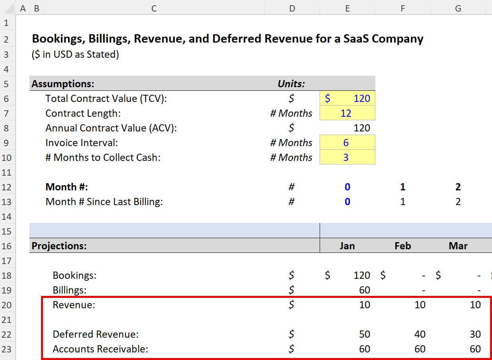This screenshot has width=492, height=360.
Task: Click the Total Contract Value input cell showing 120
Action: click(348, 98)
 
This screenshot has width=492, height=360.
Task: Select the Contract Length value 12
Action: click(346, 113)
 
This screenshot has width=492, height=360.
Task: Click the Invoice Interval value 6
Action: click(346, 143)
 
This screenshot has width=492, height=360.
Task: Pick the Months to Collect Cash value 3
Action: click(346, 157)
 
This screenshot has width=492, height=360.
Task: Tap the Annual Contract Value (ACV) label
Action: click(111, 128)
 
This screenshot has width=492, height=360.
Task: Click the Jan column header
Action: click(347, 246)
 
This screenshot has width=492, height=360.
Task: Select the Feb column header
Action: click(402, 246)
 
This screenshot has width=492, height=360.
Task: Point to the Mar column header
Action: click(458, 246)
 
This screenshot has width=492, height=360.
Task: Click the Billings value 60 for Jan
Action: click(364, 290)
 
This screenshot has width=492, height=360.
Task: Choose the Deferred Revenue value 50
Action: click(364, 334)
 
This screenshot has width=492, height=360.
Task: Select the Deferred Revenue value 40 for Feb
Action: click(420, 334)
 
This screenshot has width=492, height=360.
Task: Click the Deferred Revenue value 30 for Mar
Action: click(475, 334)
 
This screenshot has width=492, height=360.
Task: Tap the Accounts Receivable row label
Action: click(100, 349)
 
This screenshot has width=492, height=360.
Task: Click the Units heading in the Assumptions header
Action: click(291, 84)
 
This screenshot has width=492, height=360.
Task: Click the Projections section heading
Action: click(59, 246)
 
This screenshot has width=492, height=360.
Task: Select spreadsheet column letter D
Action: click(292, 8)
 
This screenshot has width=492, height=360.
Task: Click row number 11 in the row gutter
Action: click(7, 172)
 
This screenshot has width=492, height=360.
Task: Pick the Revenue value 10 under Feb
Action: click(420, 305)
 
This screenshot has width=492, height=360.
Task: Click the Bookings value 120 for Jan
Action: click(361, 275)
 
